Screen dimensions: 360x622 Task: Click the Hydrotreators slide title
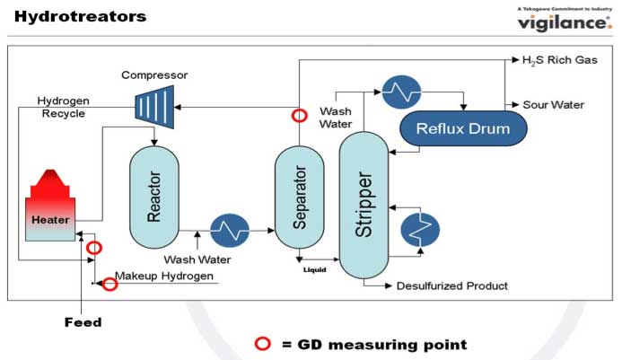coord(80,16)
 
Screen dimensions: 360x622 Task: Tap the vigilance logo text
coord(563,22)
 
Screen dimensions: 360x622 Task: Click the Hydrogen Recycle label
coord(62,107)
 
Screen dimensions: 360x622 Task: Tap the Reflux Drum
coord(462,129)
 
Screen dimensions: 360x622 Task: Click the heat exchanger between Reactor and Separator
coord(229,231)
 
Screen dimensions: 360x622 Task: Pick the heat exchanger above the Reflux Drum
coord(401,90)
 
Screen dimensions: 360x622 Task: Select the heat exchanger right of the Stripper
coord(418,231)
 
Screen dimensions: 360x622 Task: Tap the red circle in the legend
coord(263,344)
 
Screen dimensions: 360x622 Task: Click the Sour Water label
coord(554,104)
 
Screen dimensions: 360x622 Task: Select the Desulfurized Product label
coord(452,286)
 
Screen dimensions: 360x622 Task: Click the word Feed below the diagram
coord(83,321)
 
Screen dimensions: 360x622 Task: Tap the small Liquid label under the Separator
coord(314,268)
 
